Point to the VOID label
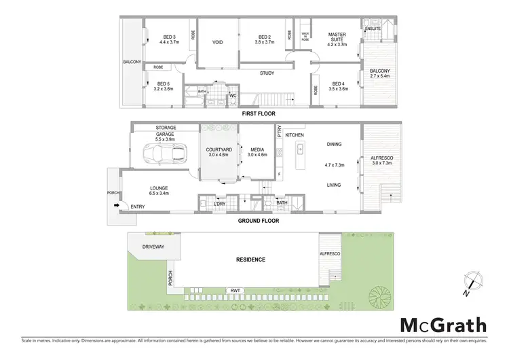point(218,42)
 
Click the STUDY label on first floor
point(266,73)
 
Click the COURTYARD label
point(219,149)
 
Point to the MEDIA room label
point(257,149)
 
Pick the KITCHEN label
point(294,136)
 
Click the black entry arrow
point(116,204)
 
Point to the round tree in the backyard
point(378,296)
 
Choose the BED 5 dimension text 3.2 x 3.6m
point(164,89)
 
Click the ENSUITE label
point(373,29)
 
